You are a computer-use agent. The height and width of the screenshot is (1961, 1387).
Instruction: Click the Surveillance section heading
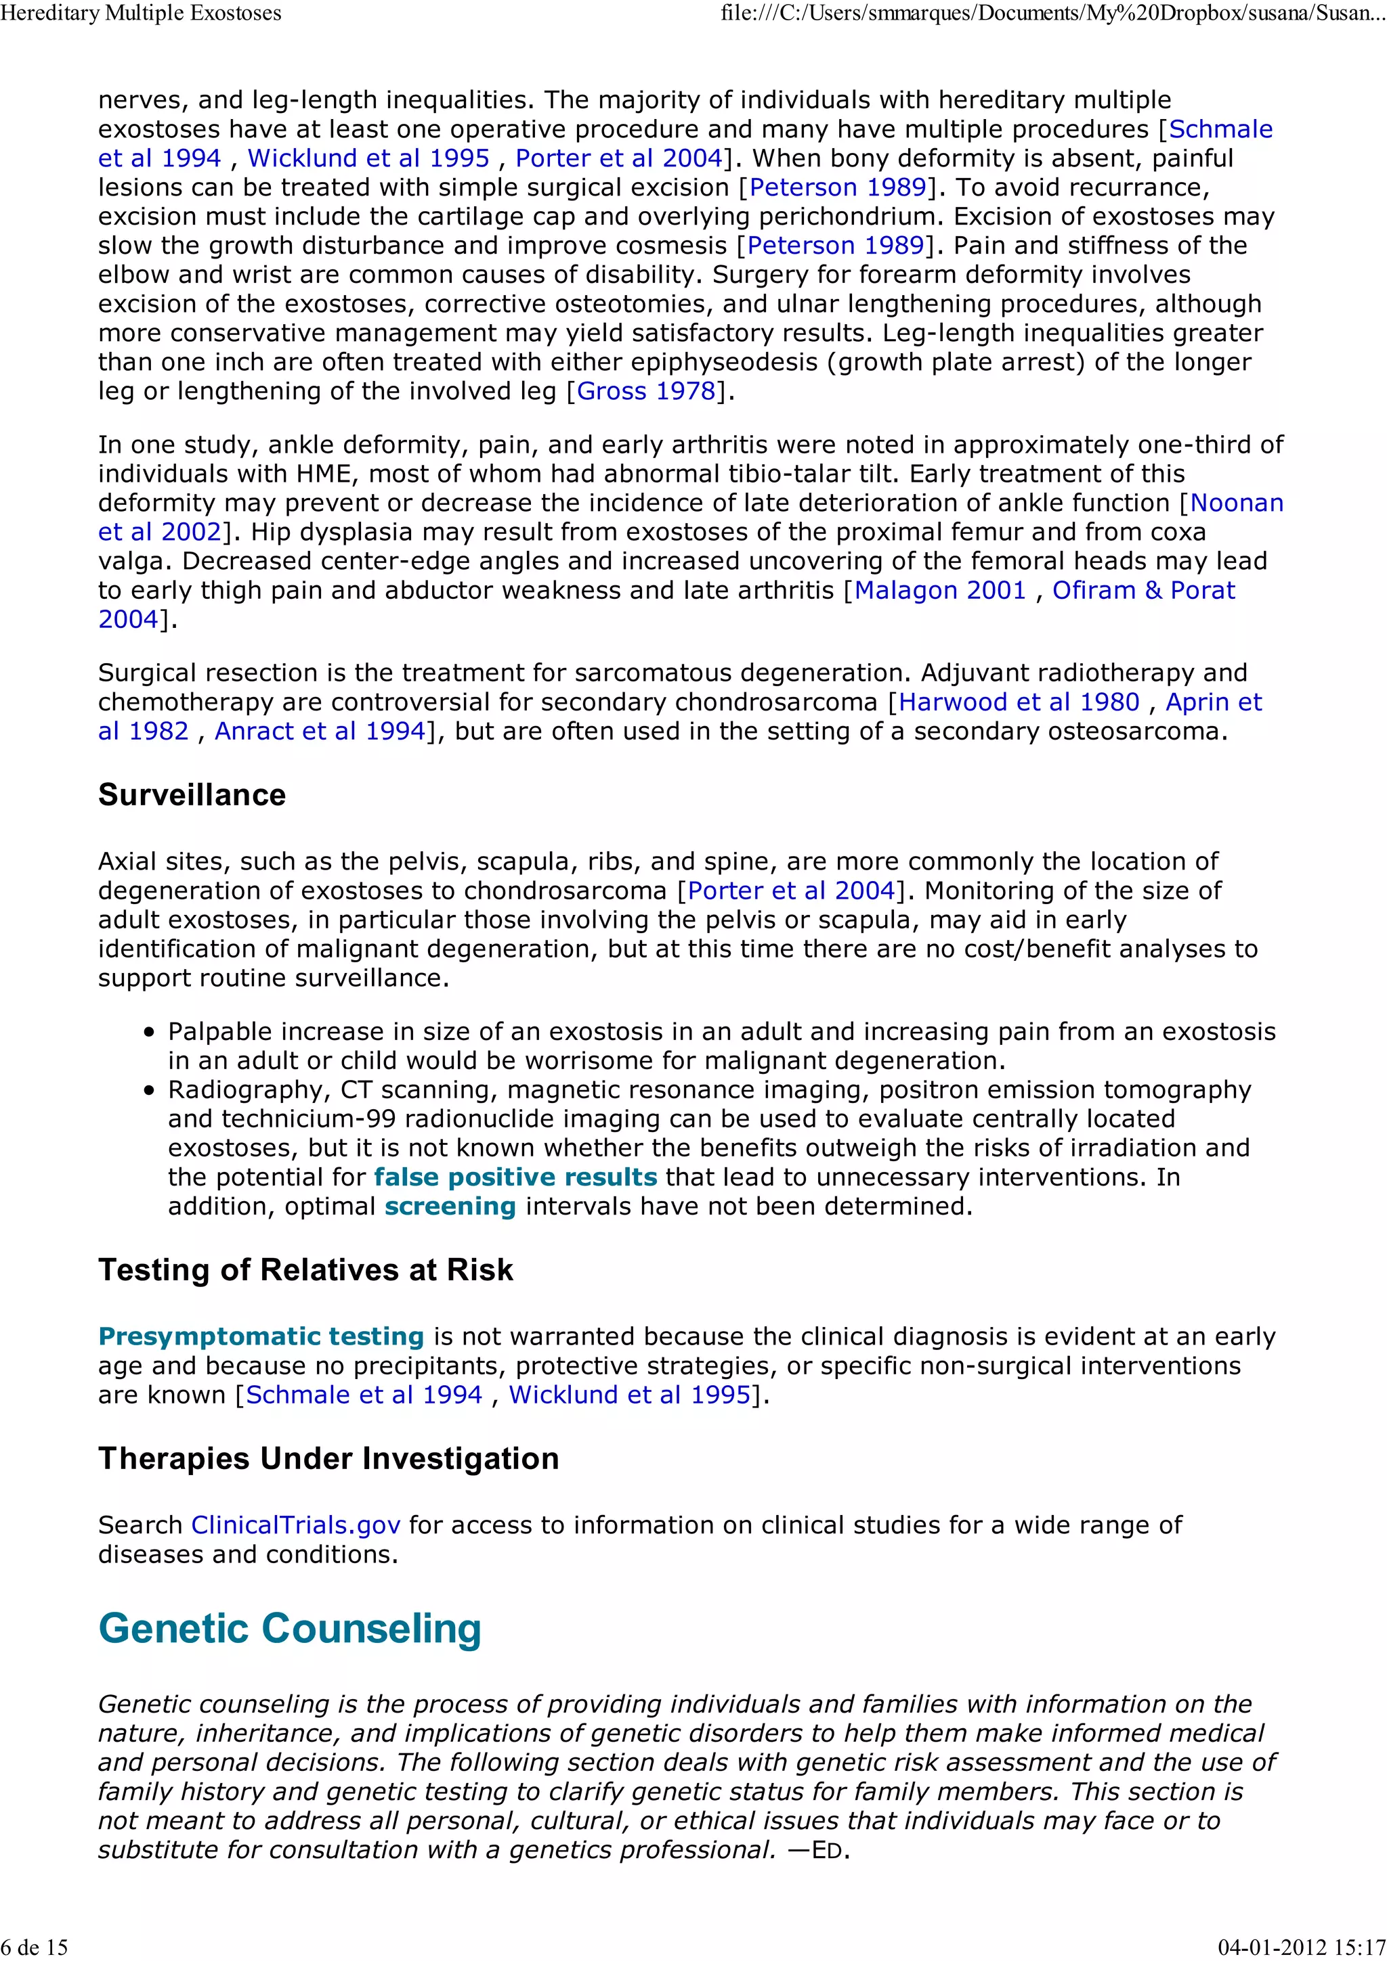(x=192, y=794)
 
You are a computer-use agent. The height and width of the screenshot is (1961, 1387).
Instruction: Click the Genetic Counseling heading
(x=290, y=1628)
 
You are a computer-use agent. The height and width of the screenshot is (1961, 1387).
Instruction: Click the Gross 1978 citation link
(x=646, y=391)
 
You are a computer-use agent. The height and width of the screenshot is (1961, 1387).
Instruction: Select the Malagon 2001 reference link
(x=939, y=590)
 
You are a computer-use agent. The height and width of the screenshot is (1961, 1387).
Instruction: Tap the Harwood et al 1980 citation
(x=1019, y=702)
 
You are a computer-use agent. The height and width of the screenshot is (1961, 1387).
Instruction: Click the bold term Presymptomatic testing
(x=261, y=1336)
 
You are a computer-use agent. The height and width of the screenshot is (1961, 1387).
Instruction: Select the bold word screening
(x=450, y=1206)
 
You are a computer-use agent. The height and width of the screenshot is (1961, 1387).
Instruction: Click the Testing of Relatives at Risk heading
(x=305, y=1270)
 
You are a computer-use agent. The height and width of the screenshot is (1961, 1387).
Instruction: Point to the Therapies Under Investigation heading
(x=328, y=1458)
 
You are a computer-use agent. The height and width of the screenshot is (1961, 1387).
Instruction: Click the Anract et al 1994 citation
(x=320, y=731)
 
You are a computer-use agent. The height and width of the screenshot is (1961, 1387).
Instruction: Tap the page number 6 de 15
(x=34, y=1947)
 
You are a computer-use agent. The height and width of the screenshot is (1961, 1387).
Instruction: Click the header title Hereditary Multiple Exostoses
(x=141, y=13)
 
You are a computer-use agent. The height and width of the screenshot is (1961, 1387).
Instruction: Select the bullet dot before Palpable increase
(x=150, y=1033)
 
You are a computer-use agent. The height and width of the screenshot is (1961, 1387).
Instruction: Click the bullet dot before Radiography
(x=150, y=1091)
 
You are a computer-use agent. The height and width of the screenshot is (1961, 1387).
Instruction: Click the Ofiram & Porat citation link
(x=1143, y=590)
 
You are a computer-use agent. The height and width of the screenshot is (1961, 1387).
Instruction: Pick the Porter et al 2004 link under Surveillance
(x=790, y=891)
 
